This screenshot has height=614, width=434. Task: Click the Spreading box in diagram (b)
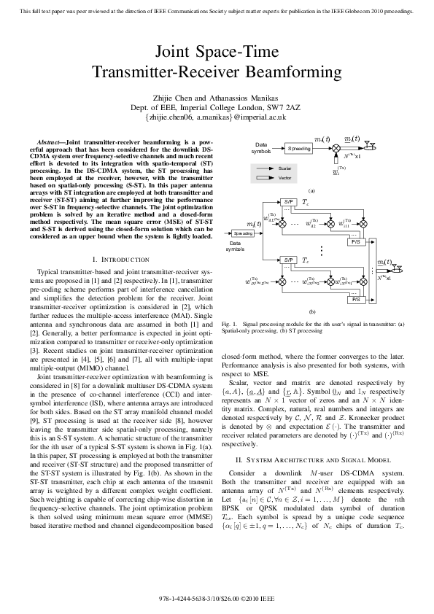click(x=243, y=233)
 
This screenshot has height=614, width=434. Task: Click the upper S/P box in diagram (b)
click(x=288, y=201)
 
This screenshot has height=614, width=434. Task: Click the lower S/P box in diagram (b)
click(x=288, y=260)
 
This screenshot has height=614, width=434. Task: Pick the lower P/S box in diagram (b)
click(x=356, y=299)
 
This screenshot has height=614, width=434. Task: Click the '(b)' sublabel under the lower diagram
click(x=311, y=311)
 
